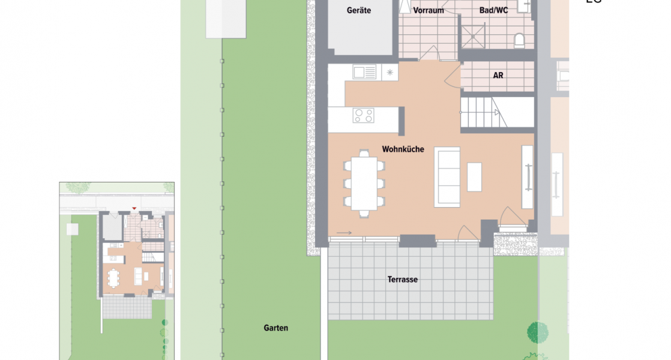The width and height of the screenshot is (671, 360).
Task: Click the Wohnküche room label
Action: (403, 149)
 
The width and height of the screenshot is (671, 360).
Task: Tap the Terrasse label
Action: (402, 280)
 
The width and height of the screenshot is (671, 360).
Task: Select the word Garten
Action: (275, 328)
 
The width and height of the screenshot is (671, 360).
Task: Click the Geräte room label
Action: (359, 10)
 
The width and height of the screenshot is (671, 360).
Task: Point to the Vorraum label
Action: (429, 10)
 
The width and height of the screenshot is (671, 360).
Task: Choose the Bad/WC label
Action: (494, 10)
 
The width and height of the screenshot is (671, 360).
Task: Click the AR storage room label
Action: (498, 76)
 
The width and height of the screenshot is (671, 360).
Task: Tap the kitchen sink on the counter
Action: (364, 73)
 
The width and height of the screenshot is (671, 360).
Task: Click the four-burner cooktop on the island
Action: (363, 115)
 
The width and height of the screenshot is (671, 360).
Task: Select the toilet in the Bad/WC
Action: (520, 40)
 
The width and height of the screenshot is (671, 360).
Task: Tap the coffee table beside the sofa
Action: (474, 177)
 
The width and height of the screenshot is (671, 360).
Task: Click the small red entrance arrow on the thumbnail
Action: (134, 208)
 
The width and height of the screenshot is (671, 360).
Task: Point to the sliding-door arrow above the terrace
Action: (344, 233)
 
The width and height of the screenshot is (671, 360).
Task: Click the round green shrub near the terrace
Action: (537, 331)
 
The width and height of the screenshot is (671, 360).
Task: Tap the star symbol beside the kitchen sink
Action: (390, 73)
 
